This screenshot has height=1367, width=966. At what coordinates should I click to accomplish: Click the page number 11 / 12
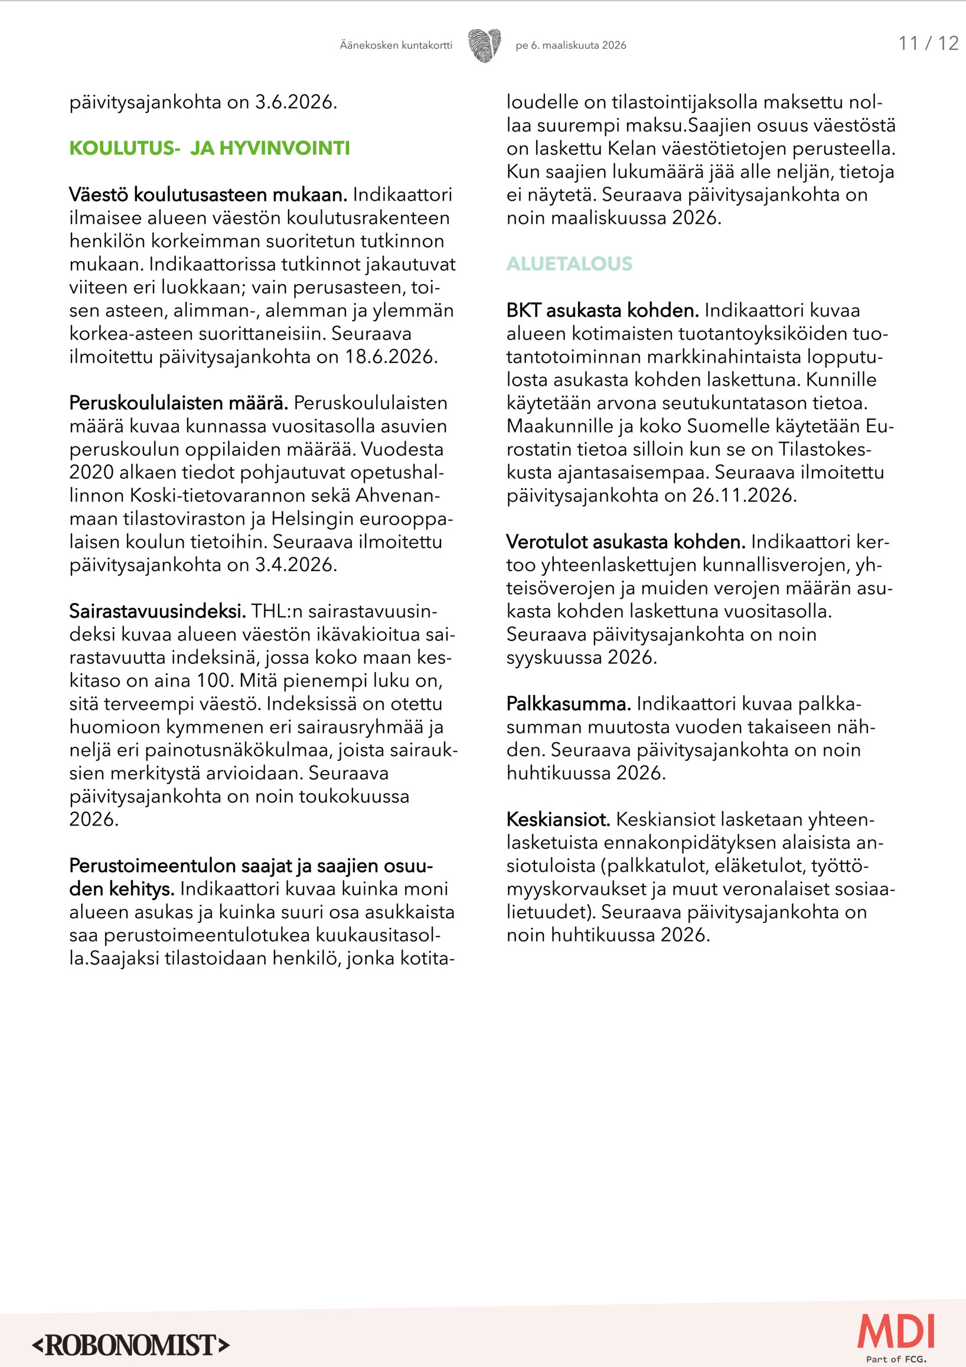[928, 44]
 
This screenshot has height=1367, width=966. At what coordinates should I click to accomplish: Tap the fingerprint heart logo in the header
[484, 45]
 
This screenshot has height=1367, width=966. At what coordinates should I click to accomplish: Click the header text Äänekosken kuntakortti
[396, 45]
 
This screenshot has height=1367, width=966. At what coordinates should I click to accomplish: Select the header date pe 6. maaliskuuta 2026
[571, 45]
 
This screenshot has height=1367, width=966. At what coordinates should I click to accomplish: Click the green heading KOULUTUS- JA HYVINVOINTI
[210, 148]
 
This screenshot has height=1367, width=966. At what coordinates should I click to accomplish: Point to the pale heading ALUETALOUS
[569, 264]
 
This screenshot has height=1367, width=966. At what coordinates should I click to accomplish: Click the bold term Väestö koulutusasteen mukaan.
[208, 195]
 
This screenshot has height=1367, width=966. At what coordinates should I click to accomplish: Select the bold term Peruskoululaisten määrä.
[178, 403]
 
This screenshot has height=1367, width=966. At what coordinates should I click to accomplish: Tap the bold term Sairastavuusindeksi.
[157, 611]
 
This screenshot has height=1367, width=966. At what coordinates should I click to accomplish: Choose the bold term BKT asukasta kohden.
[602, 311]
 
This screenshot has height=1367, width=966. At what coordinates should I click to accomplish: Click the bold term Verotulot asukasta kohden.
[625, 543]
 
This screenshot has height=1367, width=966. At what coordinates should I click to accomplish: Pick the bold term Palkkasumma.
[569, 704]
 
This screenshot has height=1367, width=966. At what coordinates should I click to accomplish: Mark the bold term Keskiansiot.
[559, 820]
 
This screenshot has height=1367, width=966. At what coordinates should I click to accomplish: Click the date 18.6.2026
[391, 357]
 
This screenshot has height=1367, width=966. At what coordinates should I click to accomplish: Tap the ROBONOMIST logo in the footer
[131, 1345]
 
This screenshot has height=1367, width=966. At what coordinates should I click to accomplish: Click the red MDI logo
[896, 1332]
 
